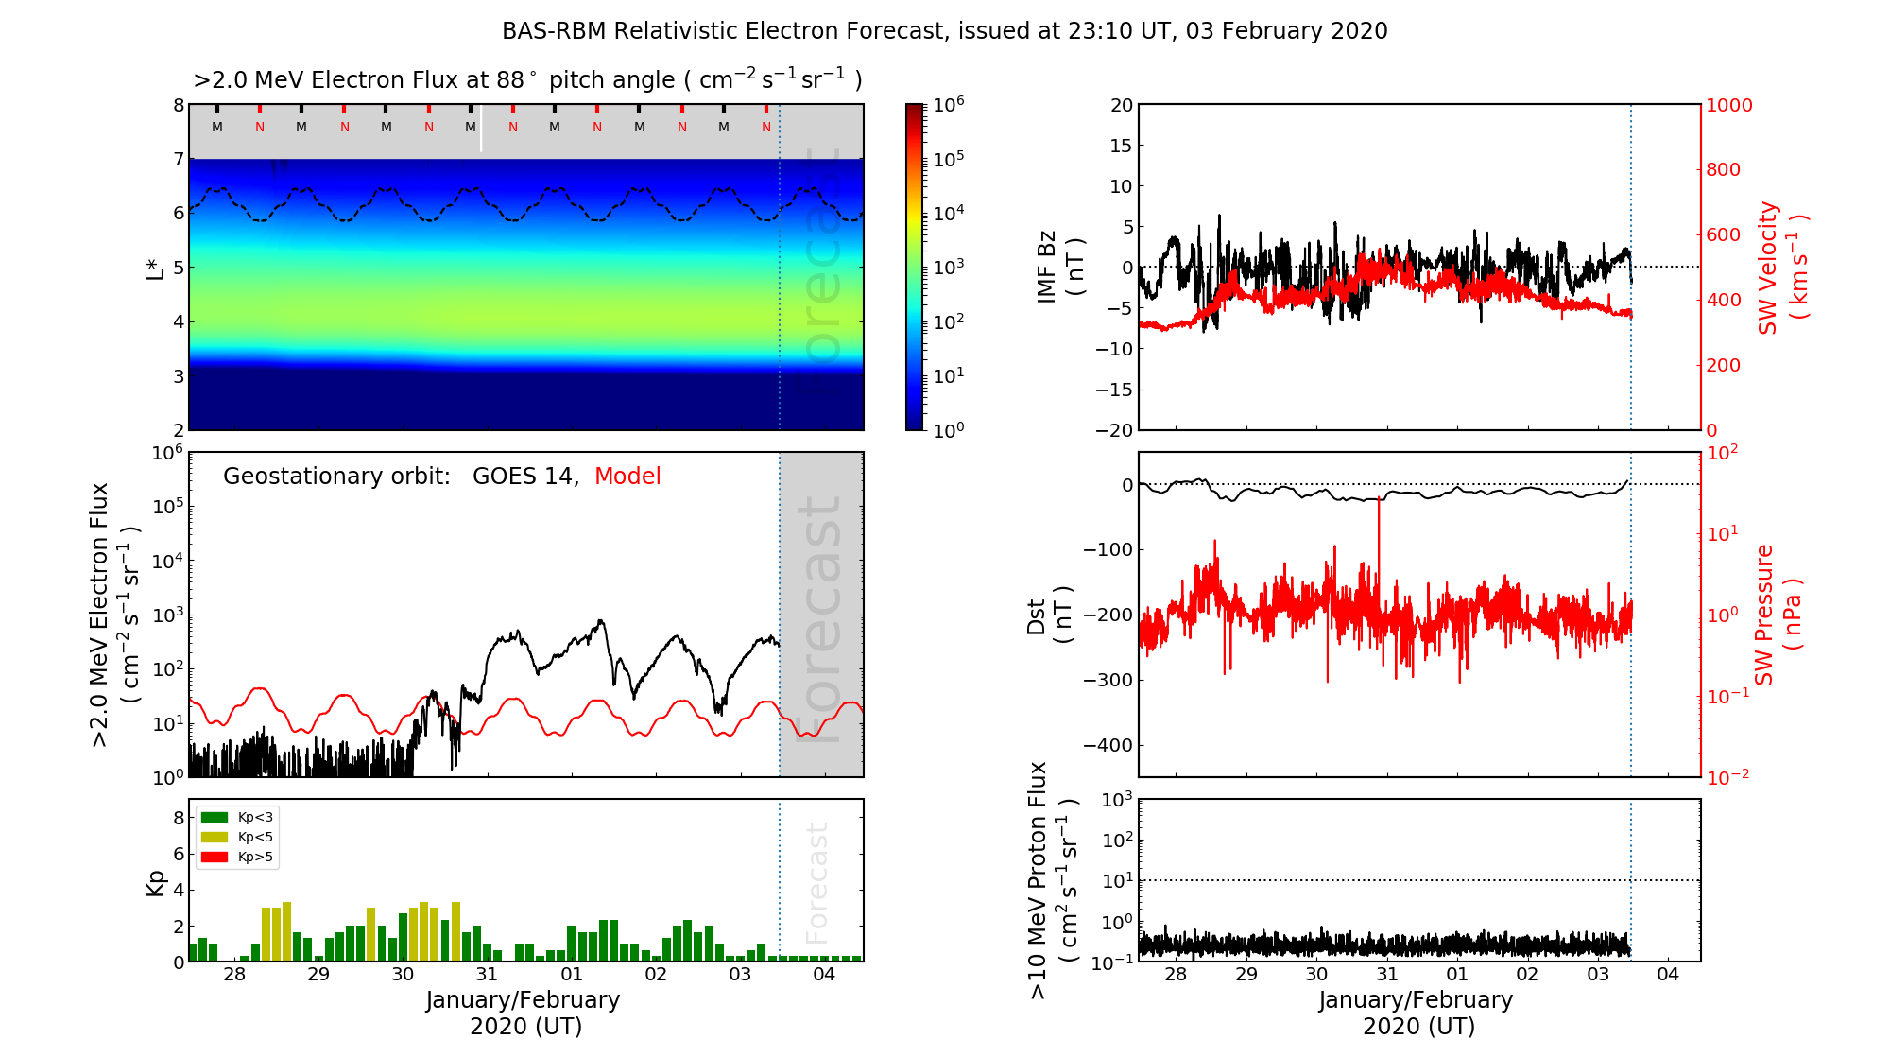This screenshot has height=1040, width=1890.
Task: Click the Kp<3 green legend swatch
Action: [x=215, y=818]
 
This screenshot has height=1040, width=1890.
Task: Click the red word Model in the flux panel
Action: [x=627, y=477]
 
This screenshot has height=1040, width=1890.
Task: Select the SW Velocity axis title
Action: [x=1782, y=268]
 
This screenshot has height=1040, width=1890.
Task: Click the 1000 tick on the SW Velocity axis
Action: [x=1728, y=106]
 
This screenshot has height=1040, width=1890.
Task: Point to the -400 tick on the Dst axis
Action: [x=1108, y=745]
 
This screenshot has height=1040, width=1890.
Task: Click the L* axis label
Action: [x=156, y=267]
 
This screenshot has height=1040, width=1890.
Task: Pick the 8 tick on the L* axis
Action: [x=178, y=105]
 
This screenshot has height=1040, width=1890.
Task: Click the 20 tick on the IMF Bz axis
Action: [x=1121, y=105]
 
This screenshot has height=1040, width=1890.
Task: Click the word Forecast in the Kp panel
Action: [x=816, y=883]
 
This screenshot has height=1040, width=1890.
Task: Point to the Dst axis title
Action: [x=1049, y=615]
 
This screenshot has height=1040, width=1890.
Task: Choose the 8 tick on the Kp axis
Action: [x=178, y=818]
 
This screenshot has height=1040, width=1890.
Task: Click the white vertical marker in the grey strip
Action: [x=481, y=129]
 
